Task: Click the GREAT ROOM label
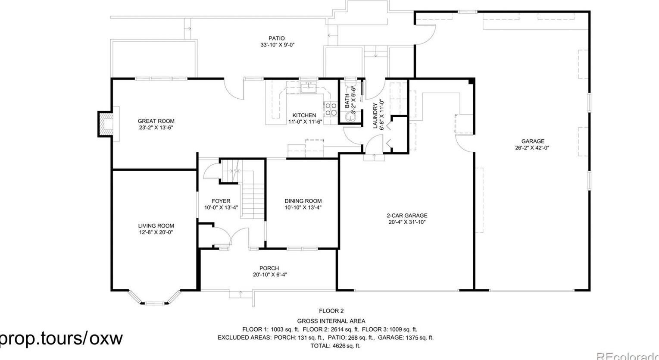[x=156, y=121]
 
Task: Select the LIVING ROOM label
[x=156, y=225]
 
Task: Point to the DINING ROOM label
[x=303, y=201]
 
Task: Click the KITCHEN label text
[x=304, y=115]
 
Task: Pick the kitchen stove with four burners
[x=331, y=109]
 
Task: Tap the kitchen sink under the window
[x=309, y=88]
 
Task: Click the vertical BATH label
[x=347, y=101]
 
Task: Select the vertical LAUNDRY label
[x=375, y=116]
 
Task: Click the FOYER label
[x=221, y=201]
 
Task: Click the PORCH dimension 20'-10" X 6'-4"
[x=270, y=275]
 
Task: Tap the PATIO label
[x=276, y=38]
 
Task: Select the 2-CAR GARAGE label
[x=406, y=216]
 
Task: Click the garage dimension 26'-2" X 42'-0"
[x=532, y=147]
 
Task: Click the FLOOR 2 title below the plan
[x=331, y=311]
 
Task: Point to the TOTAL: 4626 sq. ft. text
[x=335, y=346]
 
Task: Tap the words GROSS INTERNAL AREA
[x=331, y=321]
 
